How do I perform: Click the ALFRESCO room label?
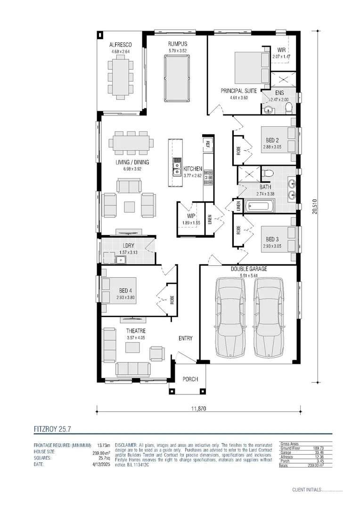pyautogui.click(x=111, y=45)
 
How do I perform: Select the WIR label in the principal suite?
pyautogui.click(x=281, y=50)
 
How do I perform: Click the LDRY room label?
pyautogui.click(x=129, y=246)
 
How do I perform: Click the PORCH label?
pyautogui.click(x=190, y=379)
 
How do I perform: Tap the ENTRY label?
pyautogui.click(x=185, y=338)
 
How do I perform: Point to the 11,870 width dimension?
pyautogui.click(x=198, y=409)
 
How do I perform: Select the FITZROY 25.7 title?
pyautogui.click(x=52, y=429)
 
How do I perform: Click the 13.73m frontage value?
pyautogui.click(x=103, y=445)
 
